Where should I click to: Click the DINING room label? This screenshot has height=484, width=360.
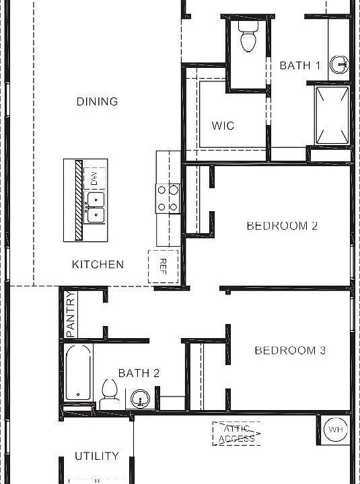(x=97, y=102)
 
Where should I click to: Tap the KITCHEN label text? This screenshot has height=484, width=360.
(x=98, y=265)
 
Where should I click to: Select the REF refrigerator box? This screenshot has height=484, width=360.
(x=163, y=266)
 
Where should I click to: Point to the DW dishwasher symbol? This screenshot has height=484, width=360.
(x=94, y=178)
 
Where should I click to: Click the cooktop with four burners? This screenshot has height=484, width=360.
(x=168, y=198)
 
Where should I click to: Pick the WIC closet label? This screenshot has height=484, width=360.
(x=223, y=126)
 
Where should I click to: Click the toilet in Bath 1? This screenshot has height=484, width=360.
(x=248, y=36)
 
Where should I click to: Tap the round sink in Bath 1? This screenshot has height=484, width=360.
(x=339, y=65)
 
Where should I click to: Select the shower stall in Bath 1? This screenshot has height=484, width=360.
(x=332, y=115)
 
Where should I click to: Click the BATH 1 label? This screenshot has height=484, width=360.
(x=299, y=65)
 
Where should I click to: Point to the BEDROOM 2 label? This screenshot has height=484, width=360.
(x=282, y=226)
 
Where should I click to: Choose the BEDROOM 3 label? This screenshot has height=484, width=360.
(x=290, y=350)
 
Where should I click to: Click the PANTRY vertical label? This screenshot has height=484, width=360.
(x=71, y=314)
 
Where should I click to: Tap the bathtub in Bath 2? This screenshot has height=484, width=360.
(x=78, y=372)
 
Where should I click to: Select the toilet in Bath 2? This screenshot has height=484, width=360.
(x=110, y=395)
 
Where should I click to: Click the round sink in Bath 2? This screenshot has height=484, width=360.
(x=140, y=399)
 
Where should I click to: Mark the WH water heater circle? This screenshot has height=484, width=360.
(x=336, y=430)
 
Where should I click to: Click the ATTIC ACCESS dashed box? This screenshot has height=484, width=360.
(x=237, y=434)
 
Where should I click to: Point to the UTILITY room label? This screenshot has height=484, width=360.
(x=97, y=456)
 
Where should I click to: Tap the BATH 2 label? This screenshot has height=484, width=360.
(x=139, y=373)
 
